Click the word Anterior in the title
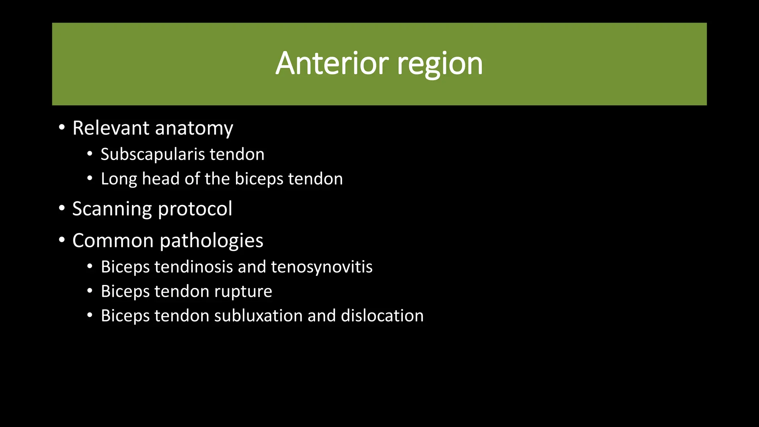[x=332, y=64]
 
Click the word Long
[x=119, y=179]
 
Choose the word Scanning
[x=112, y=209]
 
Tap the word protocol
[x=195, y=209]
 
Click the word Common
[x=113, y=241]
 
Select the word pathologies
[x=211, y=241]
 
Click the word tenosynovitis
[x=322, y=267]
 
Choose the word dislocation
[x=382, y=316]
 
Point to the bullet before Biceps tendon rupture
[x=90, y=291]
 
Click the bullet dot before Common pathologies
[x=62, y=240]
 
